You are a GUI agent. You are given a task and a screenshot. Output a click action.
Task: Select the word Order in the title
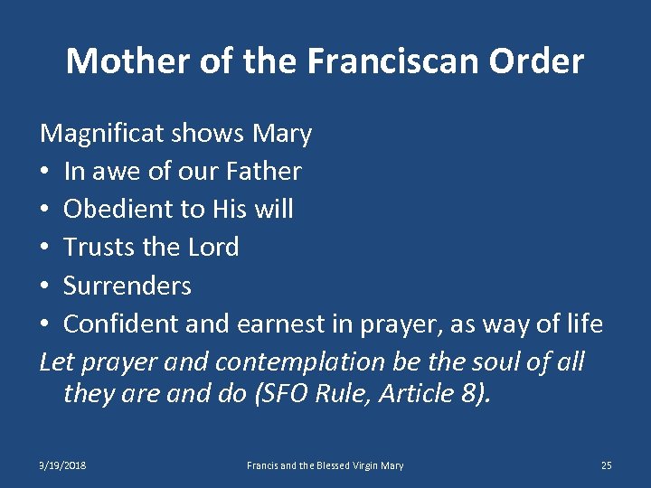click(540, 61)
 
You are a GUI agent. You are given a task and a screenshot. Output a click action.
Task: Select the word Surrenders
click(127, 286)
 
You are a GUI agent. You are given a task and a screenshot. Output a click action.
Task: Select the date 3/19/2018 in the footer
click(62, 465)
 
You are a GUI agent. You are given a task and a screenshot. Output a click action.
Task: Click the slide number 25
click(606, 465)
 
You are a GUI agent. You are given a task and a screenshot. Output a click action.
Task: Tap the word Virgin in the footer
click(362, 465)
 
